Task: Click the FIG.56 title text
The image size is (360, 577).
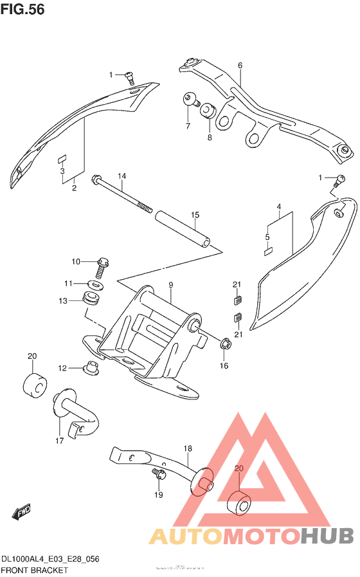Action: pyautogui.click(x=22, y=11)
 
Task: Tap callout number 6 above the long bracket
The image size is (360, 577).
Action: pyautogui.click(x=240, y=66)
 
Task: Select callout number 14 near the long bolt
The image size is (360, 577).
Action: pyautogui.click(x=122, y=176)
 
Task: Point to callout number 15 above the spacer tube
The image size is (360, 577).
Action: pyautogui.click(x=195, y=215)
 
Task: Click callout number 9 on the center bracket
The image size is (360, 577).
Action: pyautogui.click(x=172, y=284)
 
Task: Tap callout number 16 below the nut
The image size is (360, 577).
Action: pyautogui.click(x=224, y=366)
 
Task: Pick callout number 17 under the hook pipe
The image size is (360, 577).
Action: pyautogui.click(x=59, y=441)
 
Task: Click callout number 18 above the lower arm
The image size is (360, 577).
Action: pyautogui.click(x=188, y=448)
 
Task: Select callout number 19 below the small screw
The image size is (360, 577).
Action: pyautogui.click(x=159, y=495)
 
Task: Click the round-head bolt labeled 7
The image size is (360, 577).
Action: pyautogui.click(x=188, y=99)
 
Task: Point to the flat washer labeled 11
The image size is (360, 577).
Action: pyautogui.click(x=95, y=284)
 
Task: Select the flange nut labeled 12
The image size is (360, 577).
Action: pyautogui.click(x=91, y=369)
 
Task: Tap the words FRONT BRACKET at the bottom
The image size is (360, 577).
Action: pyautogui.click(x=35, y=570)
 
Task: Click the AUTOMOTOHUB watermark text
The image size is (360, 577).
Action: pyautogui.click(x=251, y=535)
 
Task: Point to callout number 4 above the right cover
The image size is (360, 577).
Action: pyautogui.click(x=279, y=206)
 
